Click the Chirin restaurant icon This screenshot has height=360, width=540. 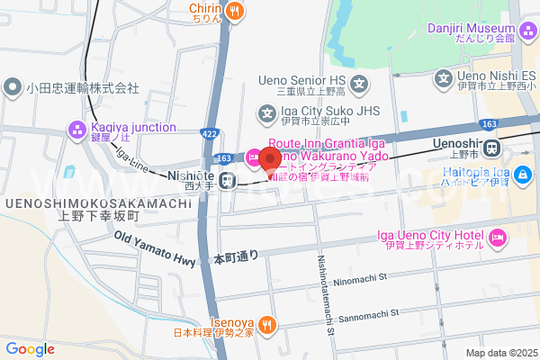click(x=235, y=11)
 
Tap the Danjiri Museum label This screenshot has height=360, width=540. click(x=472, y=29)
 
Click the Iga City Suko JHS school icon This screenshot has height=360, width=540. click(x=267, y=113)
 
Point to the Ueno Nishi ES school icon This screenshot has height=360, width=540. click(x=444, y=79)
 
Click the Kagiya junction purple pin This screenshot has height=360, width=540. click(x=78, y=133)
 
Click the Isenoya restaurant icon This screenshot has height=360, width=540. click(x=266, y=324)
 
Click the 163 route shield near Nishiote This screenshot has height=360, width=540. click(x=225, y=158)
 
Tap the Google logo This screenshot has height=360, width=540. click(x=30, y=349)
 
